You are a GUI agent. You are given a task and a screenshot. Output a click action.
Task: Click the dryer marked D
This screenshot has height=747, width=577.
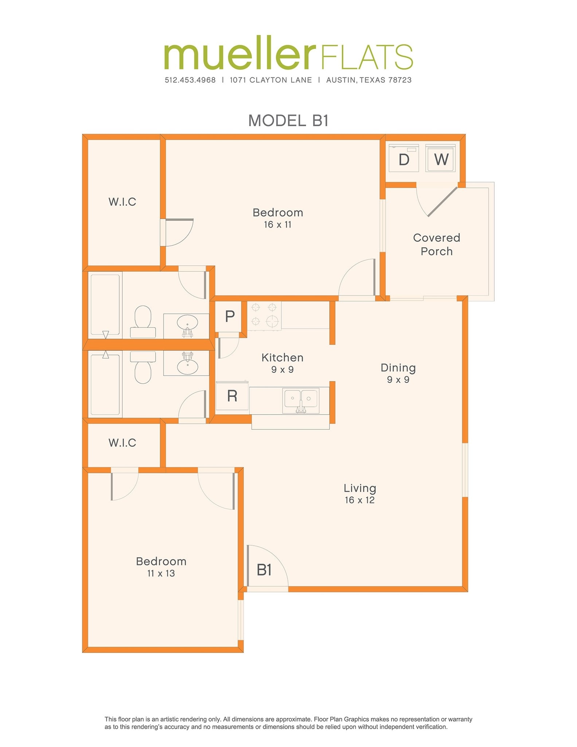pyautogui.click(x=403, y=159)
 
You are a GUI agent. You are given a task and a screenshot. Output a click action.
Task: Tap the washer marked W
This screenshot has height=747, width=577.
pyautogui.click(x=441, y=159)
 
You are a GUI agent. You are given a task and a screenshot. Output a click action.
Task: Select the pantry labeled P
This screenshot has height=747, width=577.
pyautogui.click(x=229, y=316)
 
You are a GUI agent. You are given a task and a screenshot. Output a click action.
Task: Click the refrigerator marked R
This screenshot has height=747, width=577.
pyautogui.click(x=232, y=396)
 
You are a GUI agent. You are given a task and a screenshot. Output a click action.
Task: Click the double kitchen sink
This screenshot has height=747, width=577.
pyautogui.click(x=301, y=399)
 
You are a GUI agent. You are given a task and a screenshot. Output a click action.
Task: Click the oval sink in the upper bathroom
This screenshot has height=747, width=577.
pyautogui.click(x=187, y=323)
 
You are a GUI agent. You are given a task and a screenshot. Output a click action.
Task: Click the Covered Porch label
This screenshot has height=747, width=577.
pyautogui.click(x=436, y=244)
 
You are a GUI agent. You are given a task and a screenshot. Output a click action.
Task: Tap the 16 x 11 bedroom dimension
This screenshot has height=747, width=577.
pyautogui.click(x=278, y=225)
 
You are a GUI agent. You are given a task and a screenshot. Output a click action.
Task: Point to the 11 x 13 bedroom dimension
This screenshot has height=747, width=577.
pyautogui.click(x=161, y=573)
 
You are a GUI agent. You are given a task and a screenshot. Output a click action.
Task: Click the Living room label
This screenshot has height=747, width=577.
pyautogui.click(x=360, y=488)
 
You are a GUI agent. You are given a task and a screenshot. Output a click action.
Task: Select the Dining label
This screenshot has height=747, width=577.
pyautogui.click(x=398, y=368)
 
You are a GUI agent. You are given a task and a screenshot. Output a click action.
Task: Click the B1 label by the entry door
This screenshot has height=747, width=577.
pyautogui.click(x=264, y=570)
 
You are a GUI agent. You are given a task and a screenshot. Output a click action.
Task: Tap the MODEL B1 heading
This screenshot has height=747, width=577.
pyautogui.click(x=288, y=121)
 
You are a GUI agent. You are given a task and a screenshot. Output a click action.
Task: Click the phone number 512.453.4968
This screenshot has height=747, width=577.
pyautogui.click(x=190, y=80)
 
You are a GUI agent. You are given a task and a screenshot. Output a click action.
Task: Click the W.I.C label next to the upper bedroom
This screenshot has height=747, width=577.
pyautogui.click(x=122, y=202)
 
